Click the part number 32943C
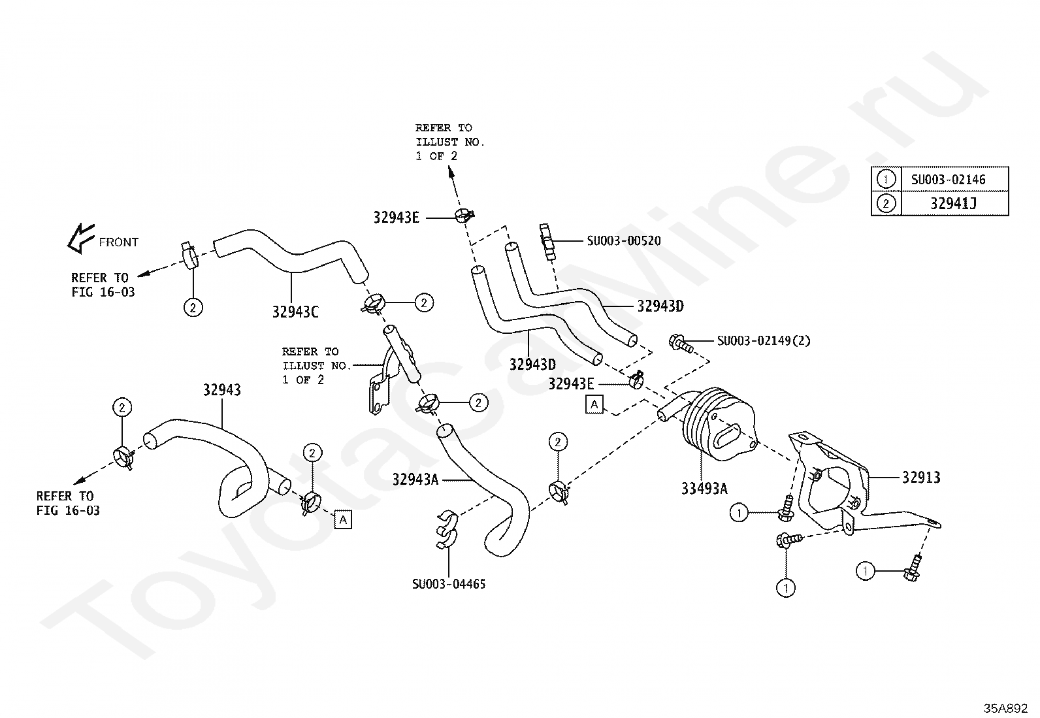pyautogui.click(x=295, y=312)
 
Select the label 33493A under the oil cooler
pyautogui.click(x=704, y=488)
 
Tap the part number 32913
pyautogui.click(x=921, y=478)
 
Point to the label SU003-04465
pyautogui.click(x=449, y=584)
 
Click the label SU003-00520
pyautogui.click(x=623, y=241)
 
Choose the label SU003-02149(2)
pyautogui.click(x=763, y=341)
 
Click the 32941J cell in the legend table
pyautogui.click(x=953, y=204)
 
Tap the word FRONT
pyautogui.click(x=118, y=242)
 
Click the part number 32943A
pyautogui.click(x=415, y=480)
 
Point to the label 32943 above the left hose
pyautogui.click(x=221, y=390)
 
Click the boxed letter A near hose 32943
pyautogui.click(x=342, y=519)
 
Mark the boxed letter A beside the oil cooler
pyautogui.click(x=594, y=404)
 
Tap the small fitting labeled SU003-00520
pyautogui.click(x=547, y=241)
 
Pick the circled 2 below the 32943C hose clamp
pyautogui.click(x=193, y=306)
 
